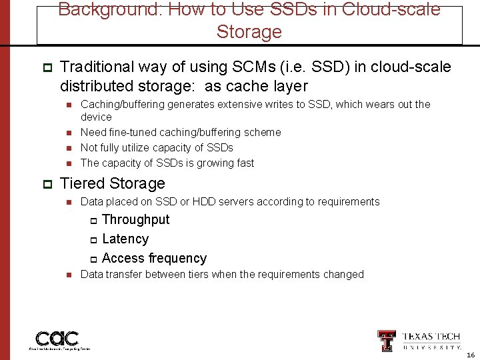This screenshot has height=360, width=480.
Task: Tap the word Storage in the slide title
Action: [249, 32]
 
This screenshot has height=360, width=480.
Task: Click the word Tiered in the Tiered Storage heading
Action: [83, 183]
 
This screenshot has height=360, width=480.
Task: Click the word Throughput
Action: [136, 220]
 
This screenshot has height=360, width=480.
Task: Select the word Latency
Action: [125, 239]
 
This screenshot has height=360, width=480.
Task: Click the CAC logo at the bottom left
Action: [57, 339]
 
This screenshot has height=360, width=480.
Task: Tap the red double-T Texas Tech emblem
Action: [386, 340]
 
